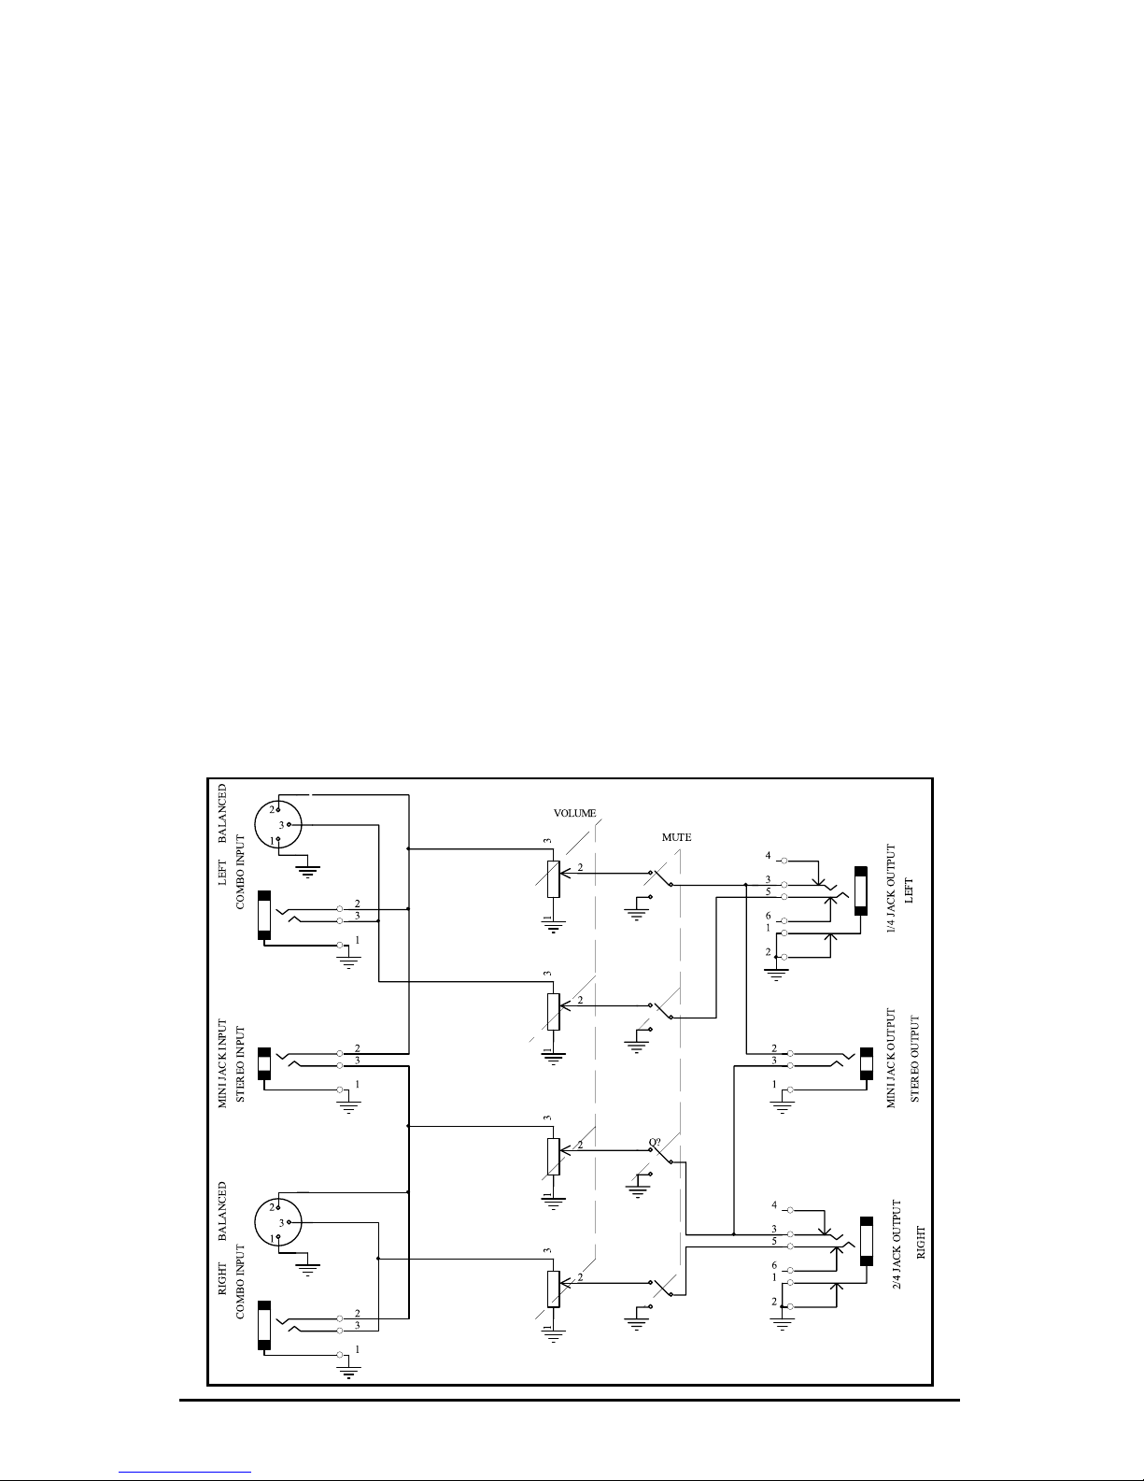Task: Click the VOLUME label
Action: pyautogui.click(x=573, y=814)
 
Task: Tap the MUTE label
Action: pyautogui.click(x=676, y=837)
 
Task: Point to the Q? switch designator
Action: pyautogui.click(x=655, y=1142)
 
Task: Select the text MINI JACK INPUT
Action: pyautogui.click(x=223, y=1063)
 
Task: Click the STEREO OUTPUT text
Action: pyautogui.click(x=915, y=1059)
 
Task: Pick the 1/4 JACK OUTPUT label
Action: pyautogui.click(x=892, y=893)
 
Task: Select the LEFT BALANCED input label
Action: pyautogui.click(x=222, y=835)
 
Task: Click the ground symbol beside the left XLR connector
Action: pyautogui.click(x=307, y=871)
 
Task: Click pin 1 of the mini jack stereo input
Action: pyautogui.click(x=341, y=1089)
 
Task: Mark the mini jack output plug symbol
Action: pyautogui.click(x=866, y=1065)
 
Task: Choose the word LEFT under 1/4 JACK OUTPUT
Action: pyautogui.click(x=914, y=893)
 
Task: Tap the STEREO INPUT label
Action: pyautogui.click(x=241, y=1063)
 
